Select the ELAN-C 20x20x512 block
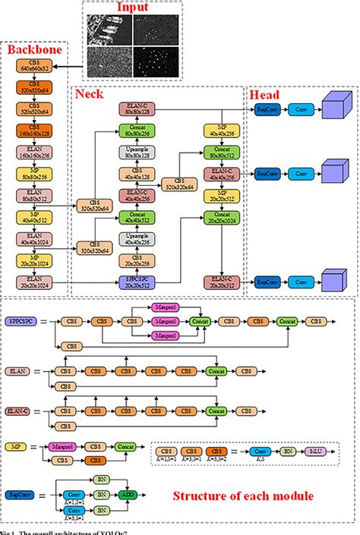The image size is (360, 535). [220, 282]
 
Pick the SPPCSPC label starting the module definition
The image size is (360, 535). [18, 322]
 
